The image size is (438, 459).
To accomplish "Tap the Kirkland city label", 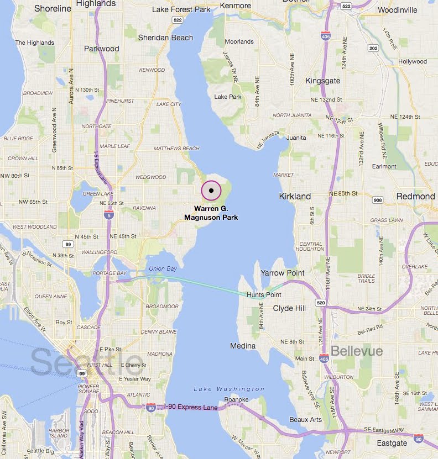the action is click(295, 196).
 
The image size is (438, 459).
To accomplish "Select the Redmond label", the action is click(415, 196).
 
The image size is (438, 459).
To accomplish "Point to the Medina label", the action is click(243, 346).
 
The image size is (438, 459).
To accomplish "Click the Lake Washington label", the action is click(229, 389).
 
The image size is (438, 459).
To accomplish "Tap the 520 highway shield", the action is click(321, 303).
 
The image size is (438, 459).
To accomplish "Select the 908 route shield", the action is click(378, 199).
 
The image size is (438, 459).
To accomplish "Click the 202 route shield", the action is click(373, 49).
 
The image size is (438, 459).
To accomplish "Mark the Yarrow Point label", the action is click(283, 273).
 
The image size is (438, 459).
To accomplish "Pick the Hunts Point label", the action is click(264, 295).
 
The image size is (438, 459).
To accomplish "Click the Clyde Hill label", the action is click(289, 308).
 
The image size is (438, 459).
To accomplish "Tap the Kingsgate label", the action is click(323, 81).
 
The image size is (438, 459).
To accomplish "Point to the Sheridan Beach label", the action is click(165, 37).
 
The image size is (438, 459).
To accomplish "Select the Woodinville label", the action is click(397, 10).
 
